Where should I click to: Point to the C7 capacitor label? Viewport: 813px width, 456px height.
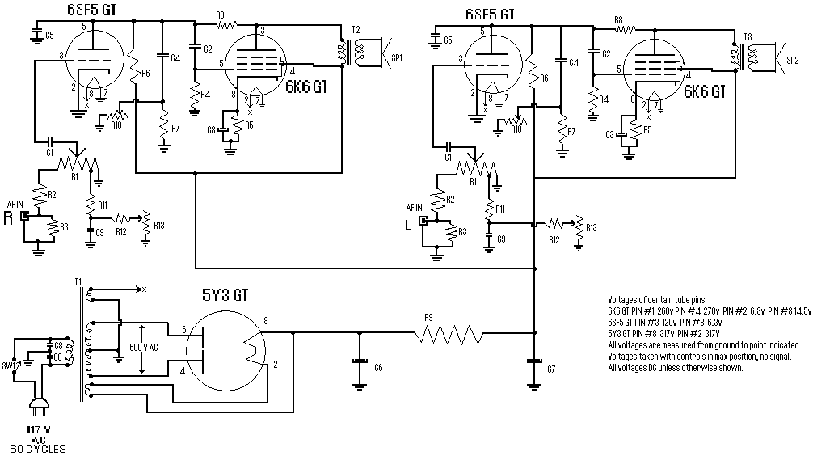coord(550,368)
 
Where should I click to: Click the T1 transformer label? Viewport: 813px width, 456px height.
coord(78,281)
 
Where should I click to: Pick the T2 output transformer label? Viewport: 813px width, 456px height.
coord(356,30)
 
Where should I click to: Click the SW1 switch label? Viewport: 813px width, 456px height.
coord(10,365)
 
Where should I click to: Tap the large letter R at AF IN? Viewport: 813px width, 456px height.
coord(8,217)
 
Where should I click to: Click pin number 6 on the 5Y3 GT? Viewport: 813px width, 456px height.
coord(183,329)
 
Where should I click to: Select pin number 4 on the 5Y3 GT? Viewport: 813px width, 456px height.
coord(183,371)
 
